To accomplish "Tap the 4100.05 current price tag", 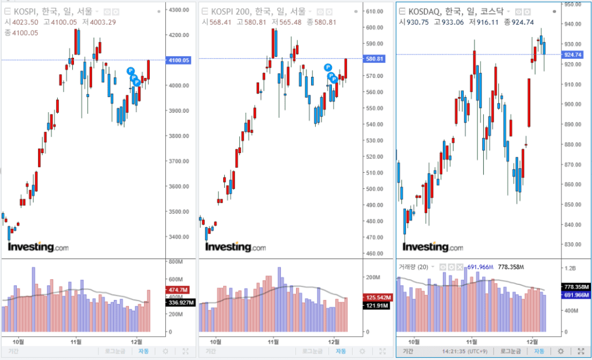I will click(178, 60).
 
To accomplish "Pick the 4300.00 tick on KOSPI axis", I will click(179, 10).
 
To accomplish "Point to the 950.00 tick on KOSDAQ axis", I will click(572, 4).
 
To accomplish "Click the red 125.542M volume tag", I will click(376, 297).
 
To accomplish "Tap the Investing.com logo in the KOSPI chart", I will click(38, 247).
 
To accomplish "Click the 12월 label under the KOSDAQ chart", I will click(532, 342).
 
